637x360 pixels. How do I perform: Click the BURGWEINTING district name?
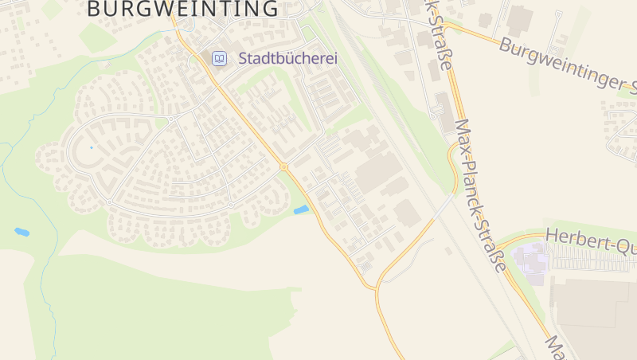click(x=182, y=9)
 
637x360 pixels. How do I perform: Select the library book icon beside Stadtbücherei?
click(x=218, y=58)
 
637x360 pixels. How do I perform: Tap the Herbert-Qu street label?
click(x=590, y=240)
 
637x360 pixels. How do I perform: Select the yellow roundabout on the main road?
click(x=283, y=166)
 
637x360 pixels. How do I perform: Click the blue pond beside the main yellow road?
click(x=301, y=210)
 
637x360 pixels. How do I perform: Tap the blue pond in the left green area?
click(x=21, y=232)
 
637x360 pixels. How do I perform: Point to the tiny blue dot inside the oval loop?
click(x=92, y=147)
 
